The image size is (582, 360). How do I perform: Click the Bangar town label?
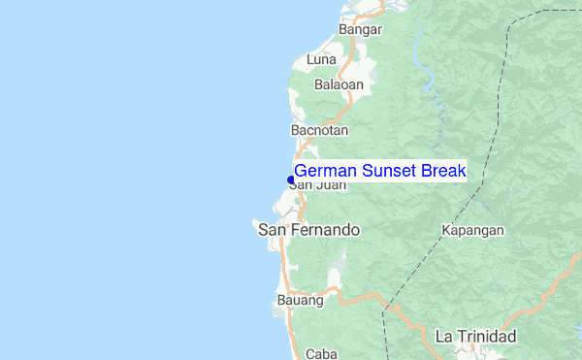pos(360,30)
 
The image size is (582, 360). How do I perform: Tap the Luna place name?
pos(321,60)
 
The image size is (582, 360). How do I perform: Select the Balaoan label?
pos(339,84)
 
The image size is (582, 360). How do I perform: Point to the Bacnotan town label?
pos(319,129)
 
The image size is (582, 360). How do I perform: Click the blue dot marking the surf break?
pos(290,180)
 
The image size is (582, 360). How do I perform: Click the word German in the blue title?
pos(325,172)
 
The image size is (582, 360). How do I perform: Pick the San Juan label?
pos(317,184)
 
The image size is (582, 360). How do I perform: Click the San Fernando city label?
pos(308,231)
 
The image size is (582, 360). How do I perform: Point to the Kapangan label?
pos(472,231)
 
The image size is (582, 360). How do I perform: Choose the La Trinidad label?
pos(475,337)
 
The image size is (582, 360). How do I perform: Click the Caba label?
pos(320,354)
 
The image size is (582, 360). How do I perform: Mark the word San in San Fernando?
pos(271,231)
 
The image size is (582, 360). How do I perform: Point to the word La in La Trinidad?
pos(444,337)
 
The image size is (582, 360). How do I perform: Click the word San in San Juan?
pos(302,184)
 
